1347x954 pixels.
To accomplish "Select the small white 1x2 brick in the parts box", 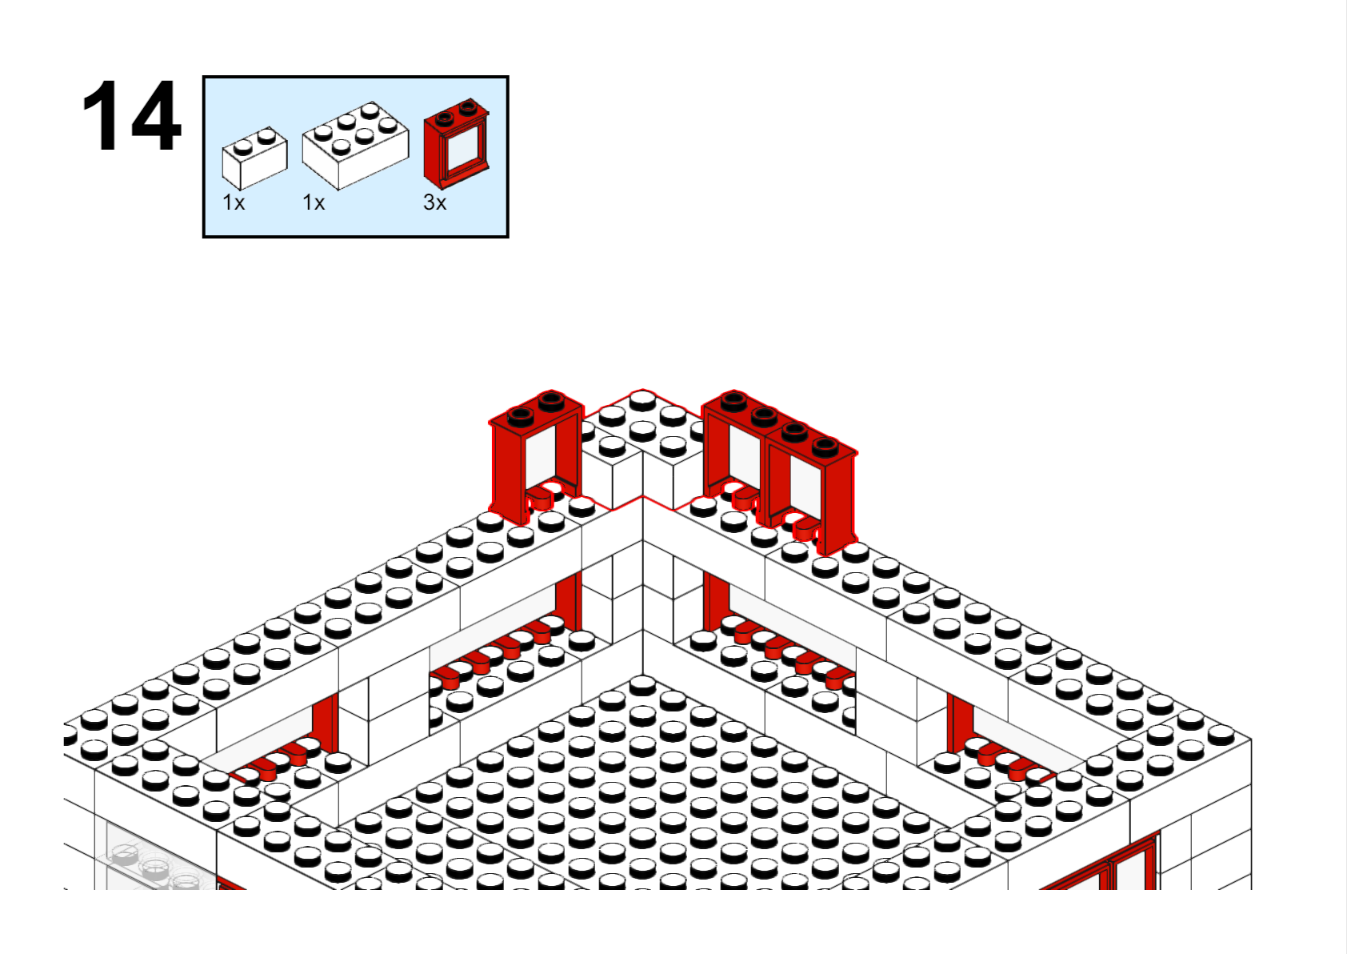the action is coord(254,158).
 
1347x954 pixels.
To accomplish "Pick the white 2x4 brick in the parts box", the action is coord(355,146).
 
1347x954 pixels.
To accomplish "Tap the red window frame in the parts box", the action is coord(456,144).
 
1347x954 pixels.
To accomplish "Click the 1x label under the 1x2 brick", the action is coord(234,202).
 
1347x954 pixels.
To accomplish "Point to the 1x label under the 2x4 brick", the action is coord(314,202).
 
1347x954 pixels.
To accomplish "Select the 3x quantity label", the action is coord(435,202).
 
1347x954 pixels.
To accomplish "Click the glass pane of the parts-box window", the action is coord(463,149).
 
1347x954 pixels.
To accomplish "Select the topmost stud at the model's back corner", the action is coord(642,399).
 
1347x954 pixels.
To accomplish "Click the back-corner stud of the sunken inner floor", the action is coord(642,684).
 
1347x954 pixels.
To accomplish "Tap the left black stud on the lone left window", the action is coord(521,415).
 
